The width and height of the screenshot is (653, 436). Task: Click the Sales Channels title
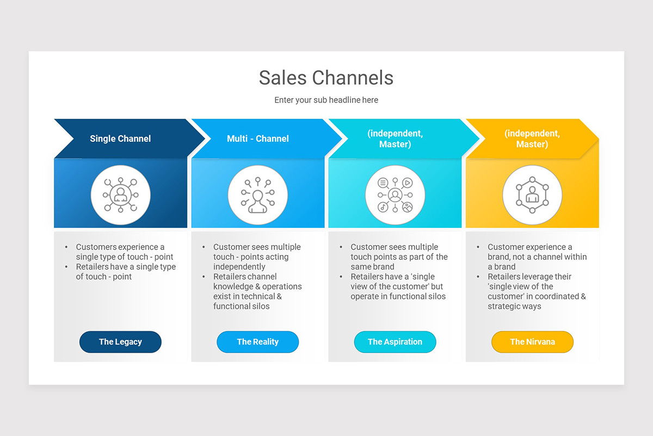[326, 78]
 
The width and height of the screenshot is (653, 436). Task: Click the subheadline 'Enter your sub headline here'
[326, 100]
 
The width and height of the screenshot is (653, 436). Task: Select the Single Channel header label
[120, 139]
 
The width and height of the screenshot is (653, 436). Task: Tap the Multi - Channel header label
[257, 139]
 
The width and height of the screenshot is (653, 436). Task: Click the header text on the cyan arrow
[395, 139]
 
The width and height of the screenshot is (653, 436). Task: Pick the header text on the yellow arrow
[532, 139]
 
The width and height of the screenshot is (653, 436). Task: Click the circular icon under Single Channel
[120, 195]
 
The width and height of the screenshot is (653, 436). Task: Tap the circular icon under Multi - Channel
[257, 195]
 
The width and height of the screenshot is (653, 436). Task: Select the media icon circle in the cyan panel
[395, 195]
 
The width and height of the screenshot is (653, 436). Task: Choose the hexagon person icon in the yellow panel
[532, 195]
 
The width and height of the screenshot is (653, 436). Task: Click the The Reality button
[257, 342]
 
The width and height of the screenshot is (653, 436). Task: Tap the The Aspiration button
[395, 342]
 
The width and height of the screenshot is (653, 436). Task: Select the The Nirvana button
[532, 342]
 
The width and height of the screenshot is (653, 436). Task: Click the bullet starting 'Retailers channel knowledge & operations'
[257, 292]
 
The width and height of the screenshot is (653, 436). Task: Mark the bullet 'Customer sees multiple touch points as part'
[398, 257]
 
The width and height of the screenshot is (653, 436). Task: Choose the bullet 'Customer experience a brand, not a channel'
[537, 257]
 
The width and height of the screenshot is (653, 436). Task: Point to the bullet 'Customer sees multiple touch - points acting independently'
[256, 257]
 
